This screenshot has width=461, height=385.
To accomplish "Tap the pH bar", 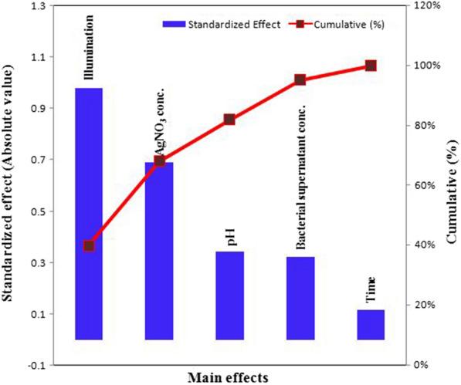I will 229,295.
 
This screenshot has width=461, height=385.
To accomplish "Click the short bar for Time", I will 371,324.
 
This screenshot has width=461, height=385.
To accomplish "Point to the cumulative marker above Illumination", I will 89,245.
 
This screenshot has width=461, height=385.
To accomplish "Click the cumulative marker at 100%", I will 371,66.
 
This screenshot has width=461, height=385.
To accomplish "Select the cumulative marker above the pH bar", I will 229,119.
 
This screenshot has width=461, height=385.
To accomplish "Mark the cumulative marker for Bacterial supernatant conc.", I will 300,79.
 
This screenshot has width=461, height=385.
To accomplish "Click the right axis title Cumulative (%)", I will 450,185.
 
